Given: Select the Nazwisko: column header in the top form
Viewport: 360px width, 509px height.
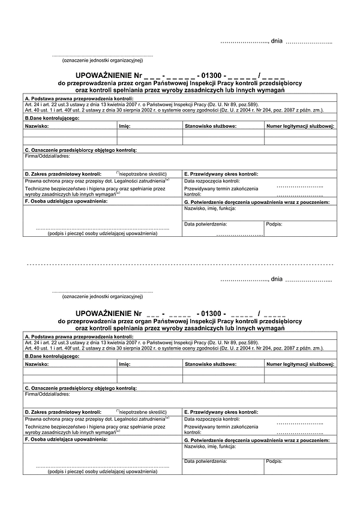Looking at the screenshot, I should coord(37,127).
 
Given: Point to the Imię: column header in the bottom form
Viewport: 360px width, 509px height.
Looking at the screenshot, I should coord(125,365).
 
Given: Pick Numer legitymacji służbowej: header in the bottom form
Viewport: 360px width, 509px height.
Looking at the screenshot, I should coord(301,365).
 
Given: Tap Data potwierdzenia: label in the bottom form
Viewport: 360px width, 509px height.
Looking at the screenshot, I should coord(206,461).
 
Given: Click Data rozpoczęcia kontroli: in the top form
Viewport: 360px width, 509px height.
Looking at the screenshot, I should coord(212,180).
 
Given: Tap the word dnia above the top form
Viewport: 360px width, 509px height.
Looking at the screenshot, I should coord(277,41).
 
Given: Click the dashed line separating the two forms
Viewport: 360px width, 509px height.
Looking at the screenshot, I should coord(180,264).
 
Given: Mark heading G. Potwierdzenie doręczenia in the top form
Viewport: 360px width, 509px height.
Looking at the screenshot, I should coord(257,203).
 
